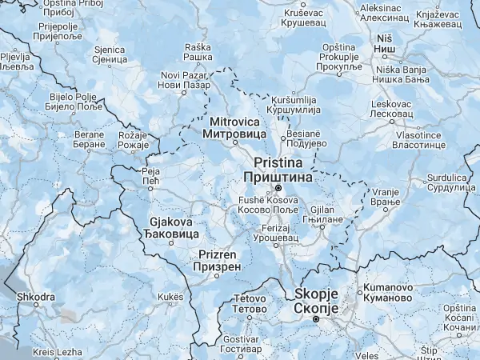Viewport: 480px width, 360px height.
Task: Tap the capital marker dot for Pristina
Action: click(x=278, y=189)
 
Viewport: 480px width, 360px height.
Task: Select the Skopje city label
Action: click(x=317, y=301)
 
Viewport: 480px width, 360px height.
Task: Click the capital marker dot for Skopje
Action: click(x=316, y=319)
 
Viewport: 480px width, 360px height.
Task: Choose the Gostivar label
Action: click(x=240, y=345)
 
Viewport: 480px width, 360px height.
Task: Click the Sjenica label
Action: click(x=110, y=54)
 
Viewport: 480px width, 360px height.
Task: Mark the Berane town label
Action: click(x=90, y=139)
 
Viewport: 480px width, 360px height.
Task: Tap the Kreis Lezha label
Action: click(x=58, y=352)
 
